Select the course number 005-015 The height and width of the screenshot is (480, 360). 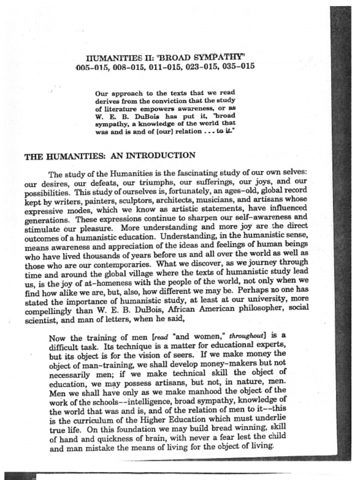tap(93, 67)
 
